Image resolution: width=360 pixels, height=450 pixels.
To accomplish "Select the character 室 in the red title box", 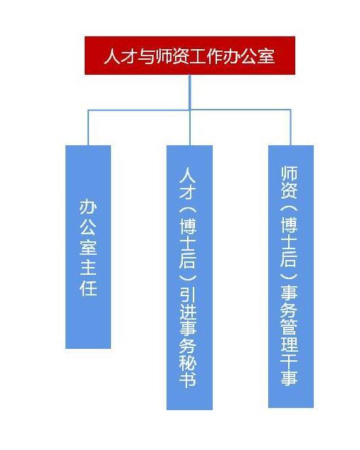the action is (267, 56).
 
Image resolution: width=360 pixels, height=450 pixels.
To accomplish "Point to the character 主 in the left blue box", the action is (88, 267).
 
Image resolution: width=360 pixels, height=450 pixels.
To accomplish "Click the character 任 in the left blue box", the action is (88, 288).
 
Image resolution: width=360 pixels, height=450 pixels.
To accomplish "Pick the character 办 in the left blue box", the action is (88, 207).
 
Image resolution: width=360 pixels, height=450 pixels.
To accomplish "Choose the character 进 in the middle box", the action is (188, 316).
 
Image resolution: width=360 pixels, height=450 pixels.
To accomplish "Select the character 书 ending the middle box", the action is (188, 379).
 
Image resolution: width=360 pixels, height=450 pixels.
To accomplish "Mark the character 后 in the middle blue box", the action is (188, 260).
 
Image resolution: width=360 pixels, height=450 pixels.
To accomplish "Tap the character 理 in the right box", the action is (289, 345).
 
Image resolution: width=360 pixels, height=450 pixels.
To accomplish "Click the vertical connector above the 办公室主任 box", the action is (88, 127).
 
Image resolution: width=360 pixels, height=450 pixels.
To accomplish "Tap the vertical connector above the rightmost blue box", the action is (290, 127).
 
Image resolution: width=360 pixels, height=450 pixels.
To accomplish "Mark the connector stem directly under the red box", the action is (190, 92).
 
